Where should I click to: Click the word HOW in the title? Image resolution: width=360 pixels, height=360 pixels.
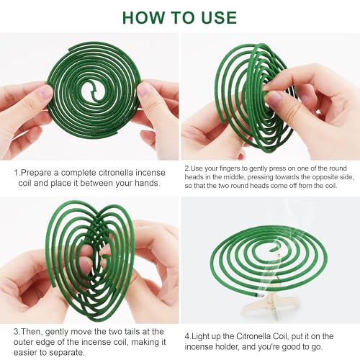(x=143, y=17)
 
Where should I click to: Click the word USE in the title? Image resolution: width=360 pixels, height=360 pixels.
(x=219, y=17)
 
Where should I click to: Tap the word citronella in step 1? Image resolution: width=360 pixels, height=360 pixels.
(x=114, y=173)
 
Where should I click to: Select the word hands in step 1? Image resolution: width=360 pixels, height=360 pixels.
(x=147, y=183)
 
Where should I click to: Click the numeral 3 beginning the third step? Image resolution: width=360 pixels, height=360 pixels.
(x=16, y=332)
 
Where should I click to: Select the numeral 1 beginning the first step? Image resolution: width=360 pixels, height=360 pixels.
(x=16, y=173)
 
